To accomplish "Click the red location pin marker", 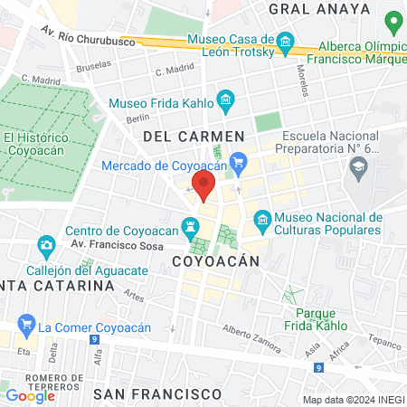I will pyautogui.click(x=204, y=187).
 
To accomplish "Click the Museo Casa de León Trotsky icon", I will pyautogui.click(x=286, y=41).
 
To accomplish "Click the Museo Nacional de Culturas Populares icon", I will pyautogui.click(x=262, y=220).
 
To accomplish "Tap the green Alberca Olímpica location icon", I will pyautogui.click(x=393, y=21).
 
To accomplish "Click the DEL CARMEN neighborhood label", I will pyautogui.click(x=194, y=136).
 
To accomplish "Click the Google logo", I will pyautogui.click(x=30, y=395).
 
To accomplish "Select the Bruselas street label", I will pyautogui.click(x=94, y=65).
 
